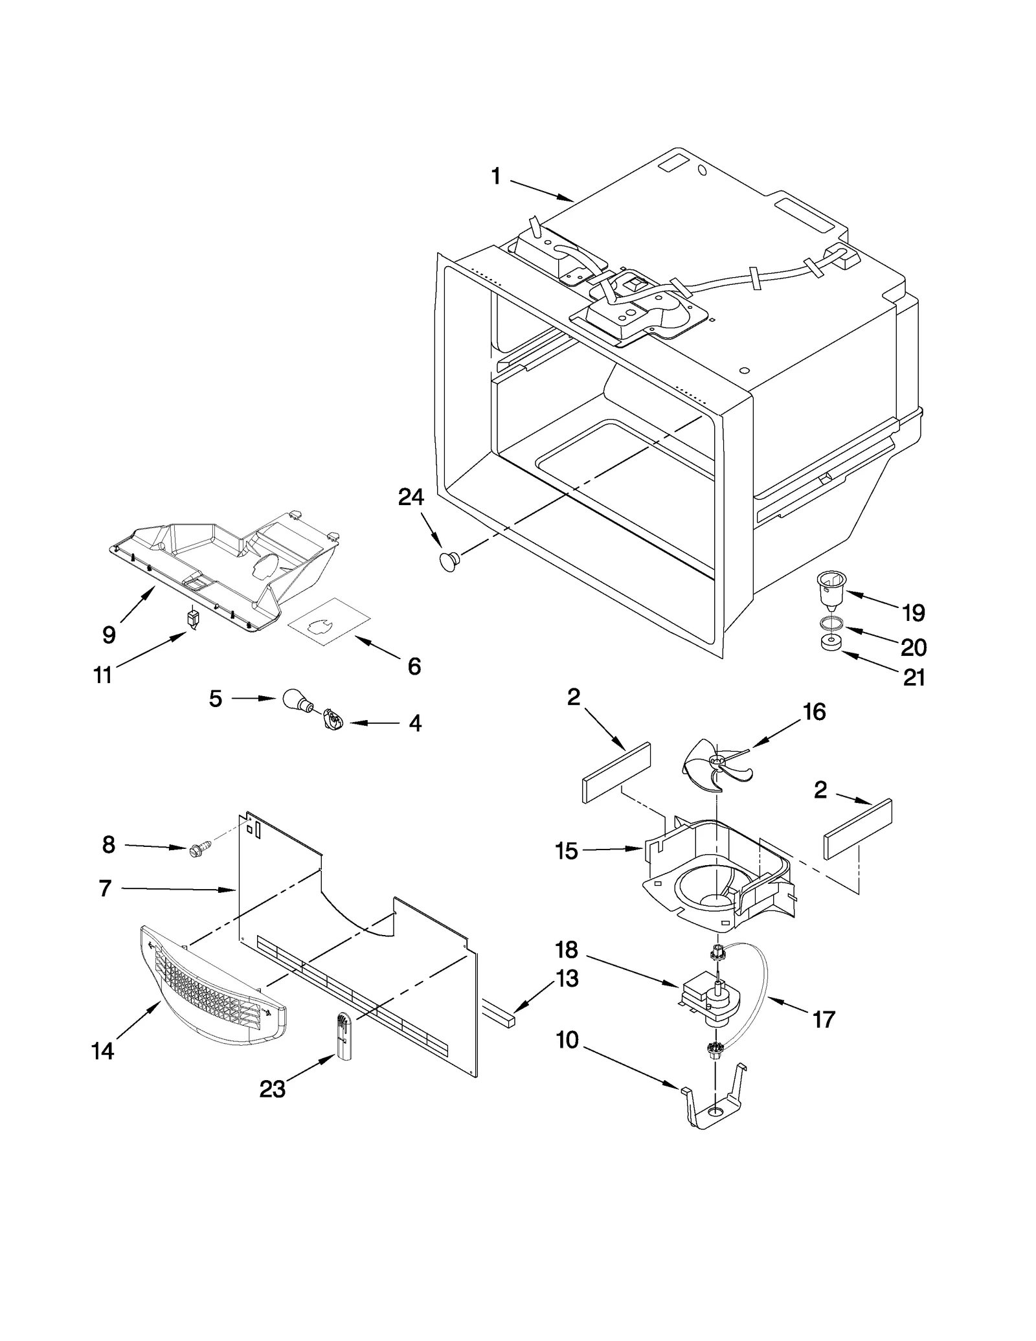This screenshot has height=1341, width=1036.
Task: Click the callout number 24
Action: pyautogui.click(x=411, y=497)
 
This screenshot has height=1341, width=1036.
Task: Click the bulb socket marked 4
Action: pyautogui.click(x=331, y=719)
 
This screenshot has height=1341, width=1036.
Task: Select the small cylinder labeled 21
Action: pyautogui.click(x=830, y=644)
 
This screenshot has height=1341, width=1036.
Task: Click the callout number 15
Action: pyautogui.click(x=566, y=851)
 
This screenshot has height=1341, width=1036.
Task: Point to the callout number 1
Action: pyautogui.click(x=495, y=176)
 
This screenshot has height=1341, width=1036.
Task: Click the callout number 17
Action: pyautogui.click(x=823, y=1020)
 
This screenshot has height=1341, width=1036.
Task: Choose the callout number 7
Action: pyautogui.click(x=105, y=888)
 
